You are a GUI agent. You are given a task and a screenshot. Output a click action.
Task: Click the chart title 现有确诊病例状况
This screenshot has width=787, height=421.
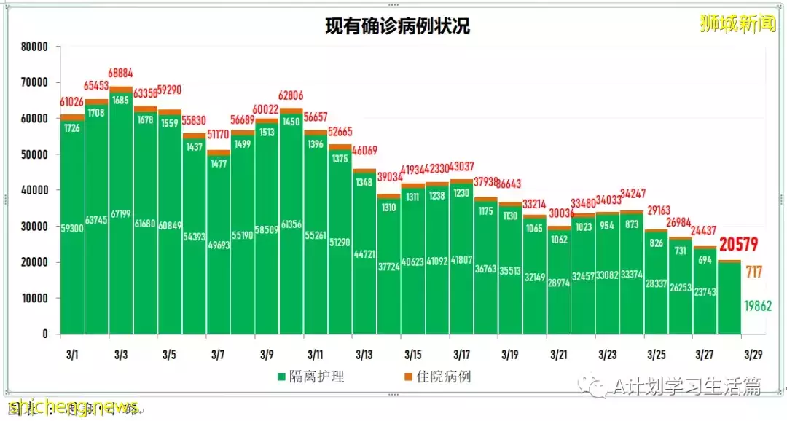(x=398, y=26)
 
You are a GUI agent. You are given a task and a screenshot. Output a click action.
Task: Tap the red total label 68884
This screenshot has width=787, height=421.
(x=121, y=74)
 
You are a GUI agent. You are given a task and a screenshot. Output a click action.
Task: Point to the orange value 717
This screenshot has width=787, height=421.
(x=754, y=272)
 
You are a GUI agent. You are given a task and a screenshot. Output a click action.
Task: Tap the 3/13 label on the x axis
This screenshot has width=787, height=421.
(x=364, y=355)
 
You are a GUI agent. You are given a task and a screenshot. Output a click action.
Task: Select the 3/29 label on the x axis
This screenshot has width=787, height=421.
(x=753, y=355)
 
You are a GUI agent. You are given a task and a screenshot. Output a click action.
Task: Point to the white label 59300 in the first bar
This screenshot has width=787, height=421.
(x=72, y=228)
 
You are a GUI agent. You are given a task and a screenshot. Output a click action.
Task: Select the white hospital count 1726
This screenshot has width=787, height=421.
(x=71, y=128)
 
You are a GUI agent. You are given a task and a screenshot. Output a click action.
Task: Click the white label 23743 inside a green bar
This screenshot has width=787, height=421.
(x=704, y=292)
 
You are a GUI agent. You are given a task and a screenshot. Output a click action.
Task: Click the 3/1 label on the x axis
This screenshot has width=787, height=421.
(x=72, y=355)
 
